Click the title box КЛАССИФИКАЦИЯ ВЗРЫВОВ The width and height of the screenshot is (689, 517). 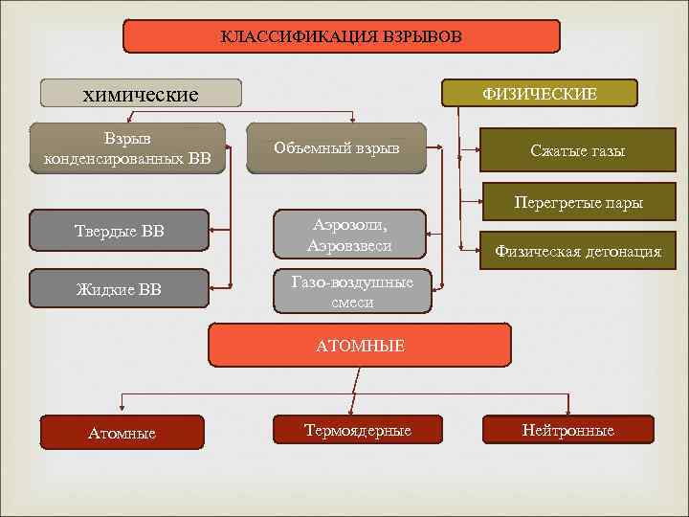pyautogui.click(x=342, y=36)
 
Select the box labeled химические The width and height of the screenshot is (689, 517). pyautogui.click(x=140, y=93)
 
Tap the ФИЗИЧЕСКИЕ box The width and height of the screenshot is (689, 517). pyautogui.click(x=539, y=93)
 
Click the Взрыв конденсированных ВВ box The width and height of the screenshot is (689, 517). pyautogui.click(x=127, y=148)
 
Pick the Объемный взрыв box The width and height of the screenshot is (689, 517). pyautogui.click(x=336, y=147)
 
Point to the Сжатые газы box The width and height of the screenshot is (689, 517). pyautogui.click(x=577, y=151)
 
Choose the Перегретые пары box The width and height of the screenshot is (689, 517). pyautogui.click(x=577, y=202)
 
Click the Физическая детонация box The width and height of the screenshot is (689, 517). pyautogui.click(x=577, y=252)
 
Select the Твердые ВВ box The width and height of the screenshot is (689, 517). pyautogui.click(x=119, y=230)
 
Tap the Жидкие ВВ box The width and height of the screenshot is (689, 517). pyautogui.click(x=119, y=288)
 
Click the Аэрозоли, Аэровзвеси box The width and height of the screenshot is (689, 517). pyautogui.click(x=350, y=234)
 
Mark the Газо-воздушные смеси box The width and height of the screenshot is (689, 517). pyautogui.click(x=352, y=292)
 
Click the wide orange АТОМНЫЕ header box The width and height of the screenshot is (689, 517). pyautogui.click(x=360, y=345)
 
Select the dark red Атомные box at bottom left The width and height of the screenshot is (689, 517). pyautogui.click(x=122, y=433)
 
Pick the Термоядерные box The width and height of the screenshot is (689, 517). pyautogui.click(x=357, y=430)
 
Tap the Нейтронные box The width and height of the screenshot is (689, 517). pyautogui.click(x=567, y=430)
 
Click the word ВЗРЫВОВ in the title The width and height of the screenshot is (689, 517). pyautogui.click(x=422, y=37)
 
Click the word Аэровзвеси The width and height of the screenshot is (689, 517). pyautogui.click(x=350, y=246)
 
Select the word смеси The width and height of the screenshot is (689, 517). pyautogui.click(x=352, y=303)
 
